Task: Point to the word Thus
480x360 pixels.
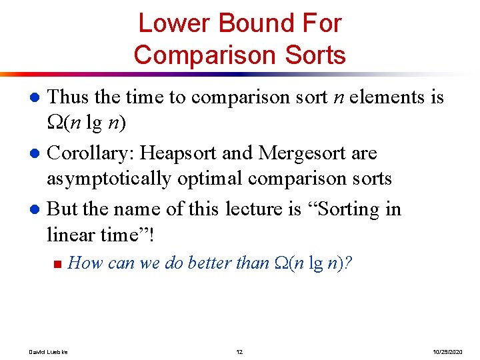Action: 69,97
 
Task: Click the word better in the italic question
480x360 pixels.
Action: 210,263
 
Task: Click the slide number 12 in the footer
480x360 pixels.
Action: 239,351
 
